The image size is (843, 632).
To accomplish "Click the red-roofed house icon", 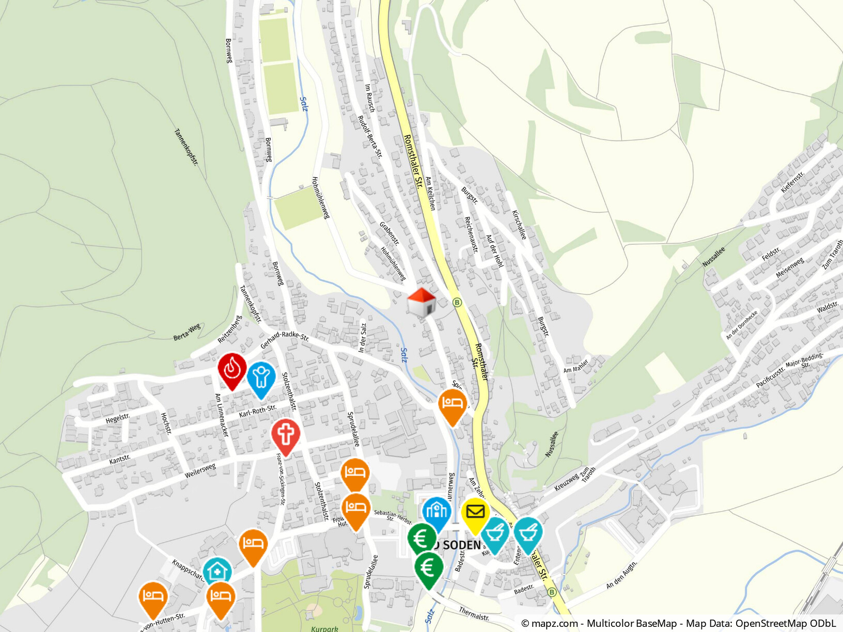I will point(422,302).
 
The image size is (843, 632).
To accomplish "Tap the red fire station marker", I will point(232,370).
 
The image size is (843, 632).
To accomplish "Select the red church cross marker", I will point(285,435).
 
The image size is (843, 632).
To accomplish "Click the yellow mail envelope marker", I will point(475,513).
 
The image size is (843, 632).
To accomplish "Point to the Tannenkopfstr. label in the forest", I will point(186,147).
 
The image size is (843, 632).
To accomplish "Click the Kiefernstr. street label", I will point(792,182).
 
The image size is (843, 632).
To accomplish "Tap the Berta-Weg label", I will point(186,332).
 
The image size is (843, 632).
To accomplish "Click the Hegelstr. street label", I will point(118,418).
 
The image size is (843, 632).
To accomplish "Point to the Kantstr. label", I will point(120,459).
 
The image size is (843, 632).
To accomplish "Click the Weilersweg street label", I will point(200,470).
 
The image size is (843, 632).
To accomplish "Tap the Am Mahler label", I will point(575,366).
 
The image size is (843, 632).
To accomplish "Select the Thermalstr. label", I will point(474,614).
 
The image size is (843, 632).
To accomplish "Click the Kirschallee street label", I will point(519,225).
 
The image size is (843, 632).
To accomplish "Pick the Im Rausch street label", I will point(369,98).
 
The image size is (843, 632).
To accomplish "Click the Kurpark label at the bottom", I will point(324,628).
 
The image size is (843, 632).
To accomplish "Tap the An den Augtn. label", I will point(621,575).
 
